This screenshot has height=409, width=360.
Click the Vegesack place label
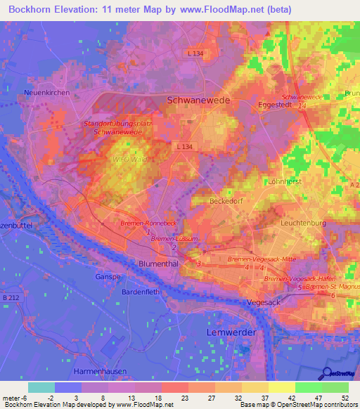pos(264,301)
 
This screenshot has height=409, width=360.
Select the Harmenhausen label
pos(104,370)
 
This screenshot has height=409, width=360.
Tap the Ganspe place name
pos(108,277)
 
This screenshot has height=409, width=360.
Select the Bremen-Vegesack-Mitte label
pos(250,260)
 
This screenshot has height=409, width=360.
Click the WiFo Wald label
pos(129,160)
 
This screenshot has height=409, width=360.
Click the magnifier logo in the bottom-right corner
pos(327,373)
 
